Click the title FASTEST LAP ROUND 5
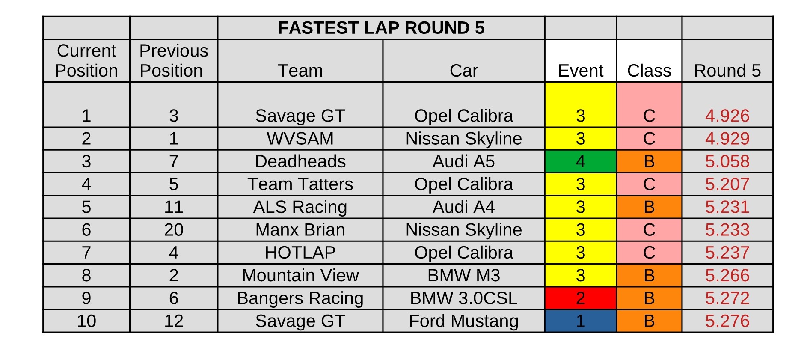pyautogui.click(x=381, y=28)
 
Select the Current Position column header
pyautogui.click(x=86, y=61)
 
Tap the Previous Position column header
pyautogui.click(x=174, y=61)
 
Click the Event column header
pyautogui.click(x=581, y=71)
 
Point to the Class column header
pyautogui.click(x=649, y=71)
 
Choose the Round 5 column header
pyautogui.click(x=727, y=71)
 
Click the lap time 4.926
pyautogui.click(x=727, y=116)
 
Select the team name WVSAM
pyautogui.click(x=300, y=138)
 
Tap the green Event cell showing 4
pyautogui.click(x=581, y=161)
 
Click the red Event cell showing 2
pyautogui.click(x=581, y=298)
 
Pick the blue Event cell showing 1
pyautogui.click(x=581, y=321)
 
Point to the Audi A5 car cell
pyautogui.click(x=464, y=161)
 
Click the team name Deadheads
pyautogui.click(x=300, y=161)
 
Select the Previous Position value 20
pyautogui.click(x=174, y=230)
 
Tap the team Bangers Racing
pyautogui.click(x=300, y=298)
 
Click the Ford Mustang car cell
pyautogui.click(x=464, y=321)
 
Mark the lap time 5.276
pyautogui.click(x=727, y=321)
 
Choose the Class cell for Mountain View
pyautogui.click(x=649, y=275)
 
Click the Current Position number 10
pyautogui.click(x=86, y=321)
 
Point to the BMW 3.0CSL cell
pyautogui.click(x=464, y=298)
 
